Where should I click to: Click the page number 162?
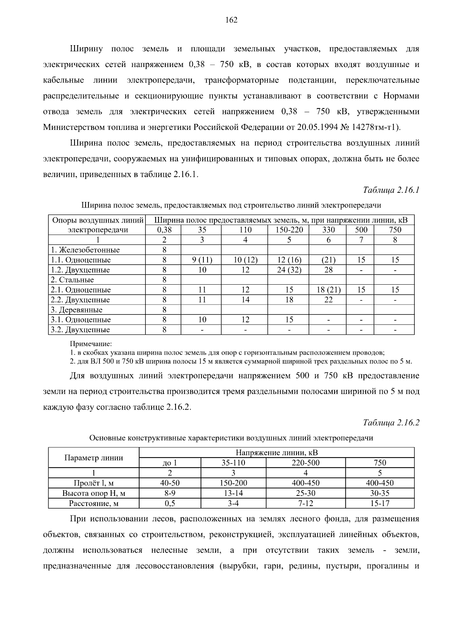click(231, 20)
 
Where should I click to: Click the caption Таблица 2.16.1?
click(391, 190)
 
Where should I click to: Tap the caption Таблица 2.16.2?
click(391, 422)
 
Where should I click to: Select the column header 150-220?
click(289, 230)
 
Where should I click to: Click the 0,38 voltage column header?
click(164, 230)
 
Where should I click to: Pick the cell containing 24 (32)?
click(289, 270)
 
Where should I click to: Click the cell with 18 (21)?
click(328, 290)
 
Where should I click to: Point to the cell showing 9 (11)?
click(202, 260)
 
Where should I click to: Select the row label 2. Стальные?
click(72, 280)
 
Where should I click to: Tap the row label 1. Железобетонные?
click(85, 250)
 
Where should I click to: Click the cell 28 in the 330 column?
click(328, 270)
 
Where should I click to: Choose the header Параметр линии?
click(94, 458)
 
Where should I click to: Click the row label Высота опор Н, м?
click(94, 493)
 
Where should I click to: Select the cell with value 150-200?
click(234, 483)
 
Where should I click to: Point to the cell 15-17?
click(380, 503)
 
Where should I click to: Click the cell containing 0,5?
click(170, 503)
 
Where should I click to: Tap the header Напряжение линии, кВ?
click(277, 453)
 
